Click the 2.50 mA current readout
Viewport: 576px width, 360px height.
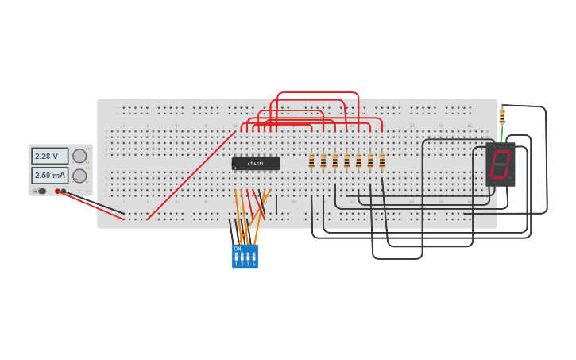pos(49,176)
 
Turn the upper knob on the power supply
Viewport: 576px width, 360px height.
pos(79,156)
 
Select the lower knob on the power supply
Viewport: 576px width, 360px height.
pos(79,176)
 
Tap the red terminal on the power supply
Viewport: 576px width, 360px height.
pos(58,191)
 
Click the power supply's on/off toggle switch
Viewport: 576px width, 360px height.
pos(41,191)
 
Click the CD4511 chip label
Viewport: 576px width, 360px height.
pos(255,164)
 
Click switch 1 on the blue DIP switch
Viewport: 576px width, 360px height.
pos(236,257)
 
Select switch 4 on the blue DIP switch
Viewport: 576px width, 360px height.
pos(254,257)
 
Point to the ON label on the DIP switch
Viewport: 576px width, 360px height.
pos(237,249)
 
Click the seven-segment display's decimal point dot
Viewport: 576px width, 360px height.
pos(510,177)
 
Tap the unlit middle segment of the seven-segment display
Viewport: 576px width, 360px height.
pos(500,164)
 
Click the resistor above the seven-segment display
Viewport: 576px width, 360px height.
pos(502,117)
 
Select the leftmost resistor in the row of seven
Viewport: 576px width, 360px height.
pos(311,161)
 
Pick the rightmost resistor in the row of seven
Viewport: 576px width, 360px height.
pos(382,161)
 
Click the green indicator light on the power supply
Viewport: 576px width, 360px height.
pos(87,167)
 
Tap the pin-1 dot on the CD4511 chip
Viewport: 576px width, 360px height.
pos(235,168)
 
